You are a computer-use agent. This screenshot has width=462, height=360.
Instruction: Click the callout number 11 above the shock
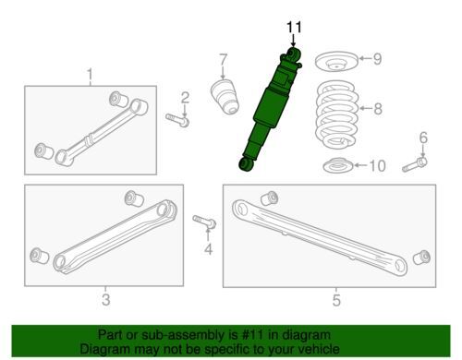[294, 28]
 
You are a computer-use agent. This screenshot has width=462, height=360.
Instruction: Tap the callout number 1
[91, 74]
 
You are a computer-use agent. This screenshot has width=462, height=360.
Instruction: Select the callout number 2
[185, 99]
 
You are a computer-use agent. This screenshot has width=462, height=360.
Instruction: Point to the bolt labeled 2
[178, 118]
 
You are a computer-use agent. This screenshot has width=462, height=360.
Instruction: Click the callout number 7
[223, 62]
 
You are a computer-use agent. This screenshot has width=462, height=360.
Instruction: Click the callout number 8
[376, 110]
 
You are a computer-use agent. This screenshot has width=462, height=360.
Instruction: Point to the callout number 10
[376, 166]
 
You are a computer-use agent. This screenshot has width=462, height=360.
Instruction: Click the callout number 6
[424, 138]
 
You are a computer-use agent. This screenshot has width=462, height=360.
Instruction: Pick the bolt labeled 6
[415, 165]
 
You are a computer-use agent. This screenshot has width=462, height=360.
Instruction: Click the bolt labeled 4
[205, 222]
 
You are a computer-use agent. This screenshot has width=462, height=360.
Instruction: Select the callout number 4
[208, 249]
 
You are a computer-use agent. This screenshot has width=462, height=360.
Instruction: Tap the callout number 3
[105, 299]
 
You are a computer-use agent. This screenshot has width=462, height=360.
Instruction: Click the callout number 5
[335, 299]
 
